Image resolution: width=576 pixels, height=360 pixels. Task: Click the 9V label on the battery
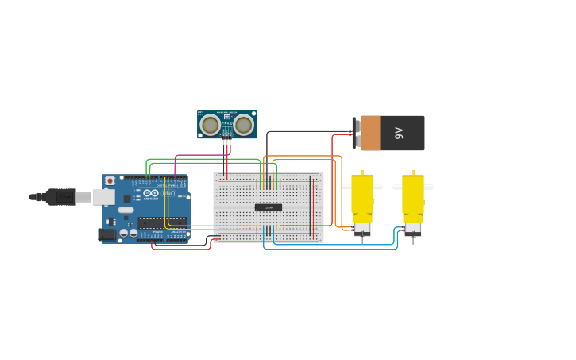400,133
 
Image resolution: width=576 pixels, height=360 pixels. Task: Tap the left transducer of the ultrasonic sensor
210,125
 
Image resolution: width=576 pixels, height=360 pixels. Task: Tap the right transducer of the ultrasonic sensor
244,125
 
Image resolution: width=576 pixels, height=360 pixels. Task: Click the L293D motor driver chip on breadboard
269,207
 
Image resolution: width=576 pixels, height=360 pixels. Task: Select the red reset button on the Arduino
110,181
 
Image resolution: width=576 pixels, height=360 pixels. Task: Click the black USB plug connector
60,196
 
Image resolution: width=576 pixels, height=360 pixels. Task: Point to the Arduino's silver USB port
103,196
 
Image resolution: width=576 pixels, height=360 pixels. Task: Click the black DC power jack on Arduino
106,234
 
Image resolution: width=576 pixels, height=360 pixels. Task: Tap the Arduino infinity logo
150,193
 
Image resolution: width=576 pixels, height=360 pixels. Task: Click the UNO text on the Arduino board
168,193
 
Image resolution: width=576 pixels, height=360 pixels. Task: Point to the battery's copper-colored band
370,133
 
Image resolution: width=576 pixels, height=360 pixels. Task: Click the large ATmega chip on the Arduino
162,223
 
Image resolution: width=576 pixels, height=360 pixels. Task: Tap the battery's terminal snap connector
355,133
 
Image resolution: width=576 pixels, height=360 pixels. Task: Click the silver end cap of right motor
413,229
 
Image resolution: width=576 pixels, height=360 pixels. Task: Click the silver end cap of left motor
362,229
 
